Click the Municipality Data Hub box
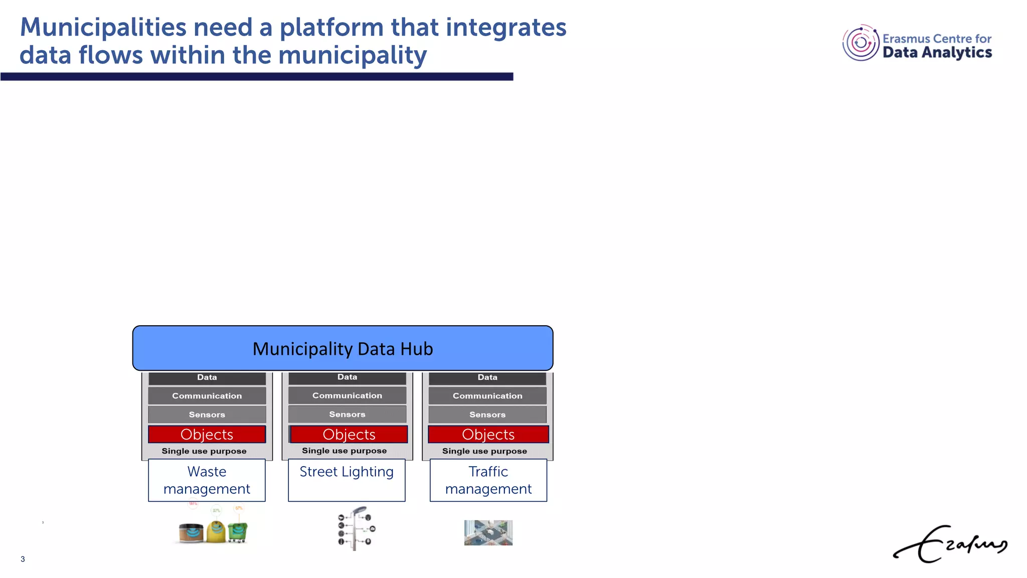coord(343,348)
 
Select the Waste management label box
coord(207,480)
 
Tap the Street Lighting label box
coord(347,480)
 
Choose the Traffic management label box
coord(488,480)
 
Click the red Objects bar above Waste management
coord(207,434)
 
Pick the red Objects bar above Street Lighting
coord(349,434)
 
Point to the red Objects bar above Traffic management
coord(488,434)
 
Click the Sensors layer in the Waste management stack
coord(207,414)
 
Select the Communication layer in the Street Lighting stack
coord(347,395)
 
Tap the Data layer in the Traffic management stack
coord(487,377)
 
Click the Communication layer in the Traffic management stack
coord(487,396)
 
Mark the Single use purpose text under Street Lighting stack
coord(344,451)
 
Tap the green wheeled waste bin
coord(238,532)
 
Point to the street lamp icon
coord(356,528)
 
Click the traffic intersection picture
coord(488,532)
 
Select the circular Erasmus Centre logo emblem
coord(861,43)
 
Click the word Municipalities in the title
coord(103,27)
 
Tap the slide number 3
coord(23,559)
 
